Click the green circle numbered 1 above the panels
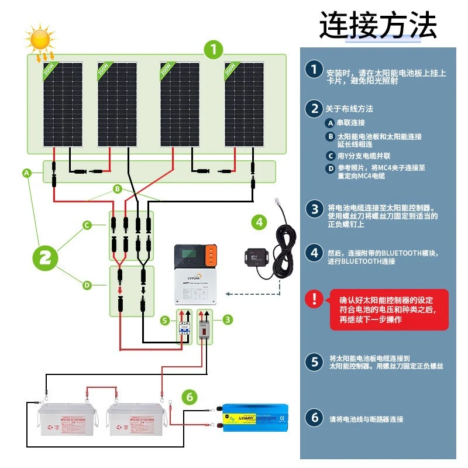click(x=214, y=49)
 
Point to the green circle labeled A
click(x=26, y=173)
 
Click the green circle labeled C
click(x=87, y=224)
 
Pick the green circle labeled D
click(x=87, y=285)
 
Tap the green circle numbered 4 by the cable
click(x=259, y=222)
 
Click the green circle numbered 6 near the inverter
click(x=188, y=397)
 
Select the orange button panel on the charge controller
click(x=211, y=257)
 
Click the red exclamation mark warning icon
click(x=314, y=300)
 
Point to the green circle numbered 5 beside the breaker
click(x=165, y=321)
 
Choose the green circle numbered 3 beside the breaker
click(x=228, y=319)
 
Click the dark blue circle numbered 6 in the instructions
click(x=314, y=418)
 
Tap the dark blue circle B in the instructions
click(x=330, y=137)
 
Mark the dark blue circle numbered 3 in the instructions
click(x=314, y=209)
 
